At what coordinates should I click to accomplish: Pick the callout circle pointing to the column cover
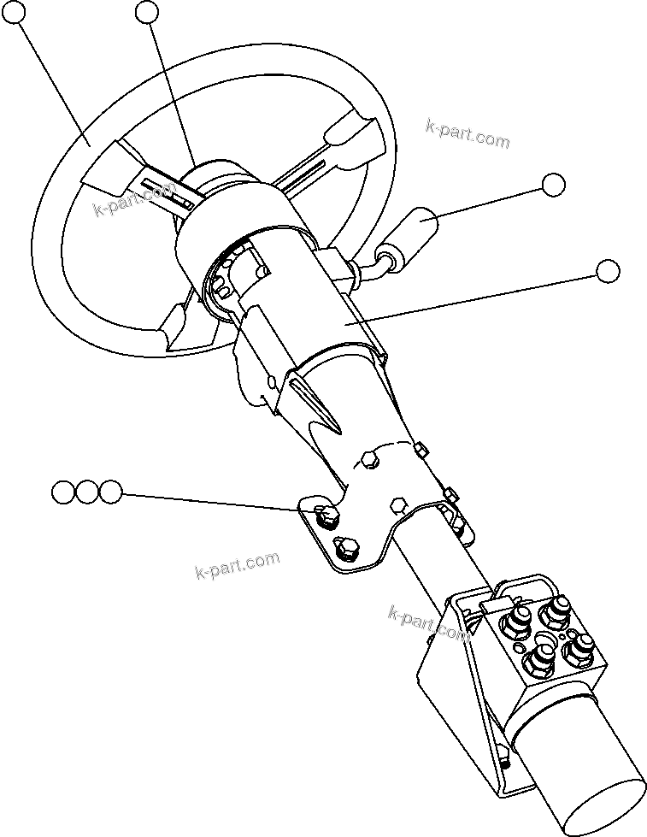(608, 271)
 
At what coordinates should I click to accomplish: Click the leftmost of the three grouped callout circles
(63, 492)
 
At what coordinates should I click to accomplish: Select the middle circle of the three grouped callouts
(86, 492)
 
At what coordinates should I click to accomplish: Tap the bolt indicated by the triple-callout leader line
(324, 515)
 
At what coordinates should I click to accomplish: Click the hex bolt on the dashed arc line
(368, 461)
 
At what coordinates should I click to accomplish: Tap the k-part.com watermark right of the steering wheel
(467, 133)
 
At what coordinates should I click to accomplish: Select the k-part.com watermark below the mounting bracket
(237, 565)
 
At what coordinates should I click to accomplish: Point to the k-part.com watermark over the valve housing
(429, 625)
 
